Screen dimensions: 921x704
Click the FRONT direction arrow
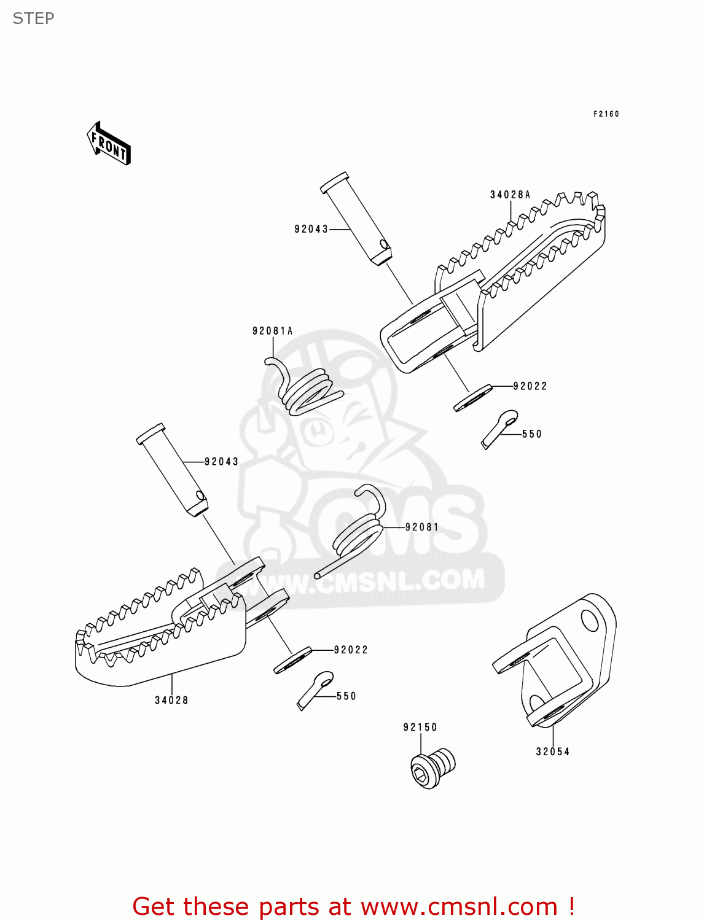coord(109,144)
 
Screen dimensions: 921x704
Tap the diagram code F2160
coord(606,114)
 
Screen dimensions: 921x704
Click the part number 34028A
coord(510,195)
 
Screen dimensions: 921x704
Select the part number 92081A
coord(272,331)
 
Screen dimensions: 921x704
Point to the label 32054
coord(552,752)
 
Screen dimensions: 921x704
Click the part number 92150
coord(420,728)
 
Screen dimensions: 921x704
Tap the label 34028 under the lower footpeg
coord(171,700)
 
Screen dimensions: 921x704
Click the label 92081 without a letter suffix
coord(422,527)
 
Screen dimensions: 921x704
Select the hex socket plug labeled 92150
coord(432,767)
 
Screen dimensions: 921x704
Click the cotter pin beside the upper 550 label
coord(499,428)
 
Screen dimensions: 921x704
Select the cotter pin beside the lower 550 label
coord(315,690)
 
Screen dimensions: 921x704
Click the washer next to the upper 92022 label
coord(472,398)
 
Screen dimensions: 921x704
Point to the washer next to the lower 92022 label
coord(292,660)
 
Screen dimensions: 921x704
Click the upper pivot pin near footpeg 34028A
coord(357,219)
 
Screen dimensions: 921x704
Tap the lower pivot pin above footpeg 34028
coord(173,469)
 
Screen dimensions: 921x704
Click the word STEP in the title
coord(33,18)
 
